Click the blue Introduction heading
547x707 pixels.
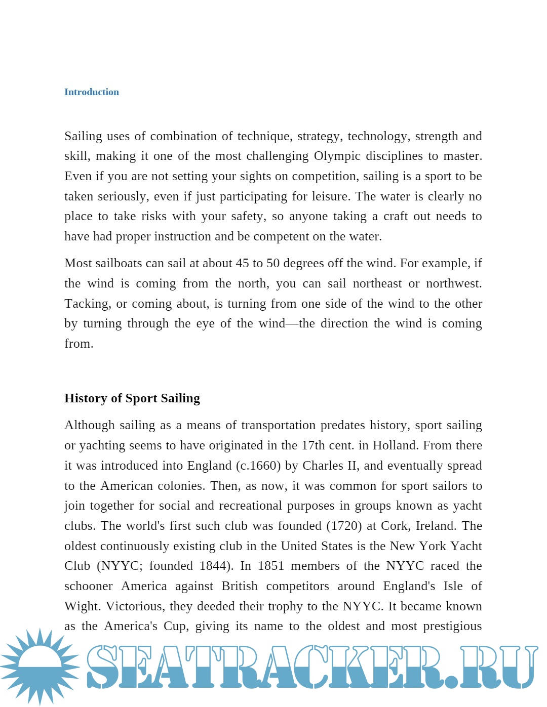click(x=92, y=92)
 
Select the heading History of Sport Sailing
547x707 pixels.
click(x=132, y=398)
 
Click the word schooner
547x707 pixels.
click(x=88, y=586)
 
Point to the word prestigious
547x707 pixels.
click(x=452, y=627)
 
